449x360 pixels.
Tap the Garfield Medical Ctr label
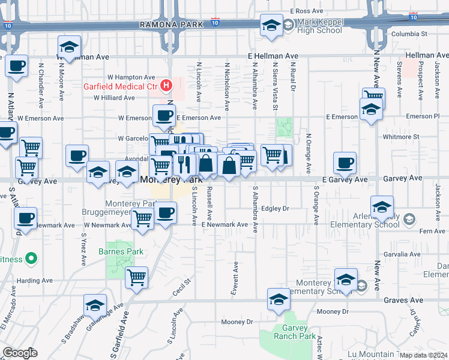pos(121,86)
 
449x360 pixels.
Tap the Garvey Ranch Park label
pos(291,332)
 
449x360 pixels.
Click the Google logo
pos(20,353)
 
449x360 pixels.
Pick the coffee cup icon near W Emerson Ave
pos(164,116)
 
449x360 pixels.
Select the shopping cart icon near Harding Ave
pos(137,277)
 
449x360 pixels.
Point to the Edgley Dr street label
pos(276,208)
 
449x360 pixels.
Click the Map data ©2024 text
pos(424,355)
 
